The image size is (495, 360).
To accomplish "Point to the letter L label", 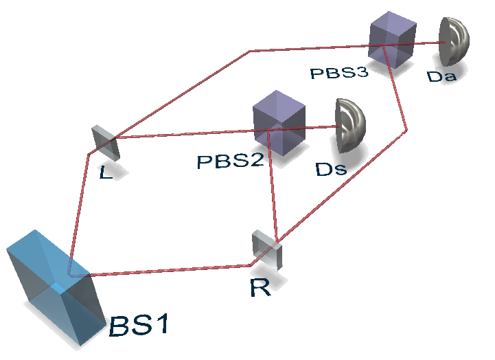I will tap(105, 172).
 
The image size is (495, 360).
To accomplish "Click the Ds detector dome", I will tap(349, 125).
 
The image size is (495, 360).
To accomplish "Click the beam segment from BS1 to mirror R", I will tap(172, 269).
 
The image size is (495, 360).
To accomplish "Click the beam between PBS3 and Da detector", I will tap(429, 43).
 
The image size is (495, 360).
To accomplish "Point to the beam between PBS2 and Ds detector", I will tap(319, 126).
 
